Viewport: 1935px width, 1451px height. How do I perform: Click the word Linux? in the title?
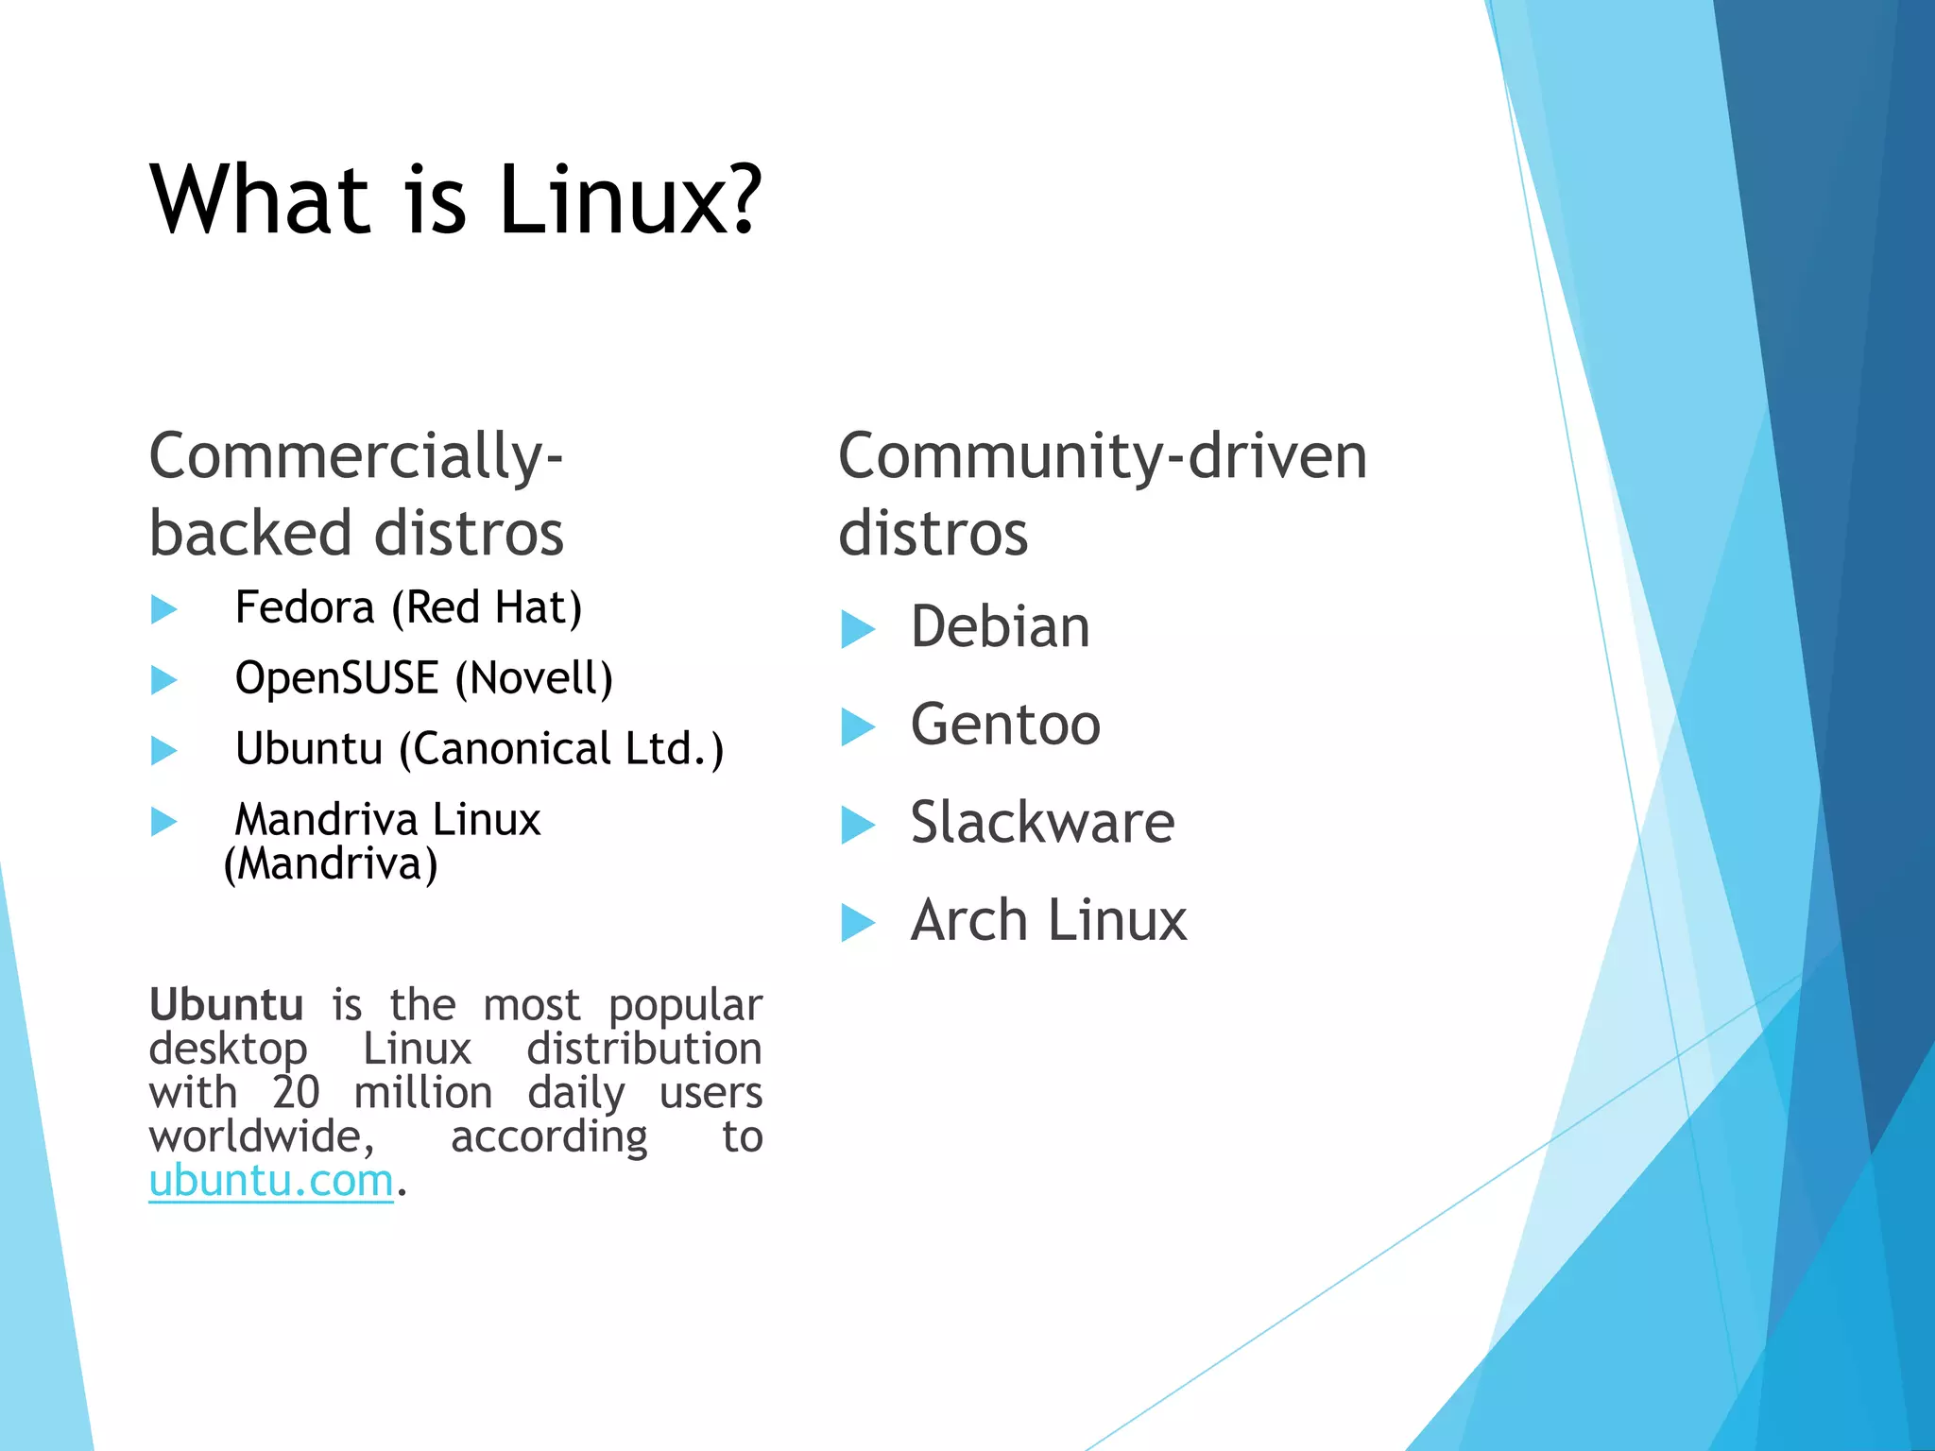(x=629, y=200)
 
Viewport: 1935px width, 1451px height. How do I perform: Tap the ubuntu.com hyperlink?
(x=271, y=1181)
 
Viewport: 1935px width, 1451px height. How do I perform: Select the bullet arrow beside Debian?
(x=858, y=629)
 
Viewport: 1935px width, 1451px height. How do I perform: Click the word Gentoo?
(x=1005, y=725)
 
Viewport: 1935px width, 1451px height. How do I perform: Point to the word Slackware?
(x=1042, y=823)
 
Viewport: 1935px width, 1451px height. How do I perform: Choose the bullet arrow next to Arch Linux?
(x=858, y=923)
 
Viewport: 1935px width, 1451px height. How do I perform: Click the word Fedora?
(x=304, y=607)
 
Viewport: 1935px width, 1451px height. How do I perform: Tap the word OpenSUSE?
(x=336, y=678)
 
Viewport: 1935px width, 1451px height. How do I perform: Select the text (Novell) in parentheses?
(x=534, y=678)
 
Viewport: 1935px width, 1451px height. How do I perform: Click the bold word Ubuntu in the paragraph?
(x=227, y=1004)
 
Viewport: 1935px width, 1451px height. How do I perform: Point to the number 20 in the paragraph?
(x=296, y=1093)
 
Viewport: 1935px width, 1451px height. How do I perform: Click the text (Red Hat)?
(x=488, y=607)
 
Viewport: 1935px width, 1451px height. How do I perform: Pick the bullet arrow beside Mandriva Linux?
(x=164, y=821)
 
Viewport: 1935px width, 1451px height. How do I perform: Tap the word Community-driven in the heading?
(x=1103, y=456)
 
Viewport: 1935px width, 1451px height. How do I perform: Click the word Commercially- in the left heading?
(x=356, y=456)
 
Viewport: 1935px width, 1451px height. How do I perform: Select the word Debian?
(x=1000, y=627)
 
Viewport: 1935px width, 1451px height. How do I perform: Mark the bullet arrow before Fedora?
(x=164, y=609)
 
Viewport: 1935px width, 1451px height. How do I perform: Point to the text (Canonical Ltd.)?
(x=561, y=749)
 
